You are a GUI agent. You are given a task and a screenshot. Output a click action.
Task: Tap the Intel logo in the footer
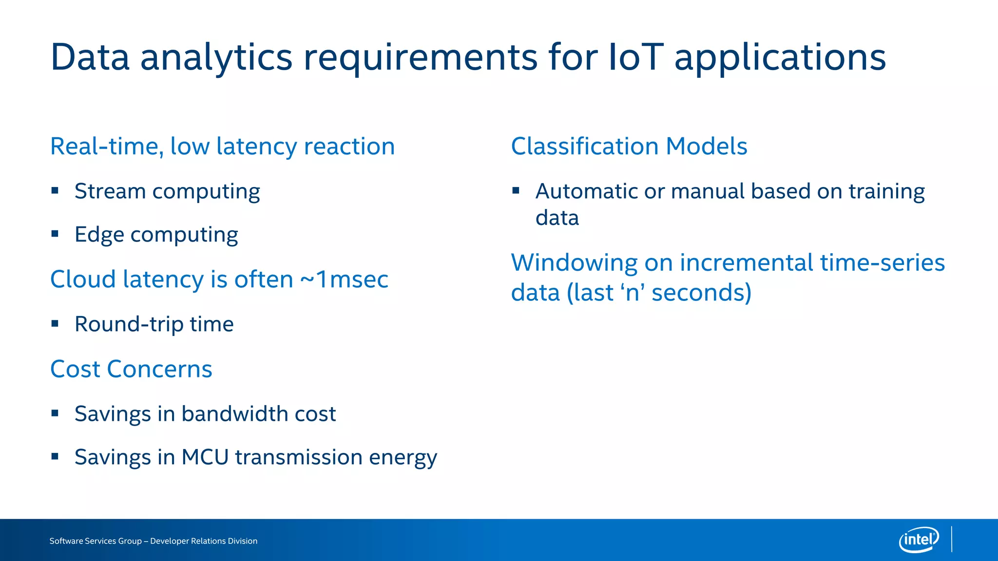coord(919,540)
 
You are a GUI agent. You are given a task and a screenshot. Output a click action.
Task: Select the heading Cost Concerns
coord(131,369)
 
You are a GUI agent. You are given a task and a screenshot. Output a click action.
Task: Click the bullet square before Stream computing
coord(55,190)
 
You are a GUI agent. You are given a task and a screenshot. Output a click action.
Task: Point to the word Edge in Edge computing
coord(99,235)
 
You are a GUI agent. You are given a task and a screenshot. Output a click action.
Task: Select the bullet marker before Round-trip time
coord(55,323)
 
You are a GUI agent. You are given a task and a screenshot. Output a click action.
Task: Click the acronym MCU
coord(205,457)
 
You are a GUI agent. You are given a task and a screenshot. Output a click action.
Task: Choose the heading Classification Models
coord(629,146)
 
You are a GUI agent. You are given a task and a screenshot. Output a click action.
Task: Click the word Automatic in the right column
coord(586,191)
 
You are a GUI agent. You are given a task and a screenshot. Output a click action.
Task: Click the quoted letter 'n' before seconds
coord(632,293)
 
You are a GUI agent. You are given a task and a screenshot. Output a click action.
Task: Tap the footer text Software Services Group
coord(96,541)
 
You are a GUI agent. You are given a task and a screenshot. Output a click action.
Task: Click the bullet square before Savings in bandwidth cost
coord(55,413)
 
